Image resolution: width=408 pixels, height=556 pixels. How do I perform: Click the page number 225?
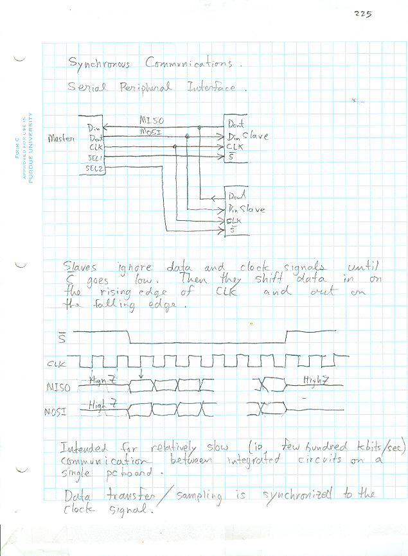click(362, 14)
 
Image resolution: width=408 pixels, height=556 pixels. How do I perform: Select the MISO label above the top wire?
click(152, 120)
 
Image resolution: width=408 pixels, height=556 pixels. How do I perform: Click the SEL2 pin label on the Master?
click(94, 168)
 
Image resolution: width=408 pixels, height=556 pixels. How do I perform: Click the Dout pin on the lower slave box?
click(238, 196)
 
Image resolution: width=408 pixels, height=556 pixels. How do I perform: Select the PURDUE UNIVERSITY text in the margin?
click(30, 147)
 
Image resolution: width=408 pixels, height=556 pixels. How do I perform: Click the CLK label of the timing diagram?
click(57, 365)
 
